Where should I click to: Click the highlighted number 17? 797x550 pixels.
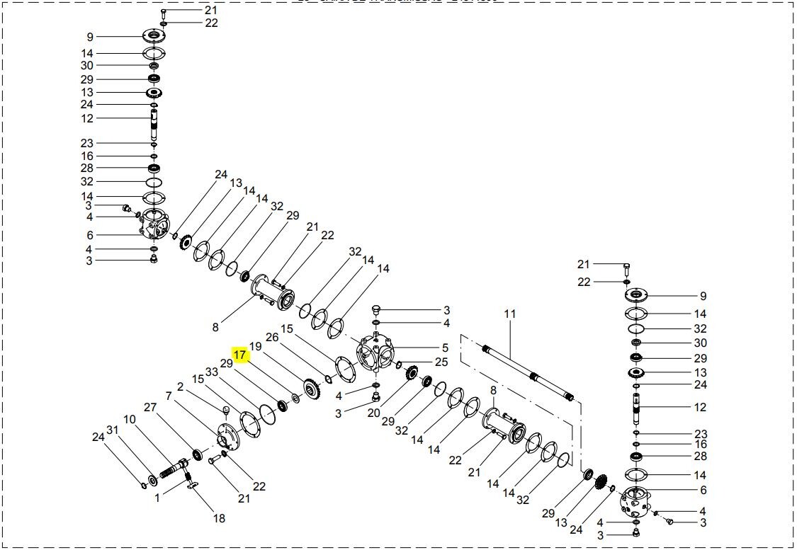pos(240,354)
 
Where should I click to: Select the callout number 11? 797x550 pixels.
pos(510,314)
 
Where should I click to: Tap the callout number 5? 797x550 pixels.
pos(445,348)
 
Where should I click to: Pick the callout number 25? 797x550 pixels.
pos(441,362)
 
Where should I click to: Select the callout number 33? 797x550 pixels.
pos(211,372)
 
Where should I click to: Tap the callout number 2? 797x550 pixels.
pos(180,386)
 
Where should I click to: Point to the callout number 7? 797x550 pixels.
pos(168,396)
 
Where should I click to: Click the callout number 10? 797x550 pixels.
pos(130,419)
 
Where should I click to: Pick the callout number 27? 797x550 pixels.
pos(149,407)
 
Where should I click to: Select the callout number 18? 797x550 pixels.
pos(219,518)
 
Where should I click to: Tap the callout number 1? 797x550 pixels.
pos(158,497)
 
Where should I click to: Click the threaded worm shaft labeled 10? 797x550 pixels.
pos(174,467)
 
